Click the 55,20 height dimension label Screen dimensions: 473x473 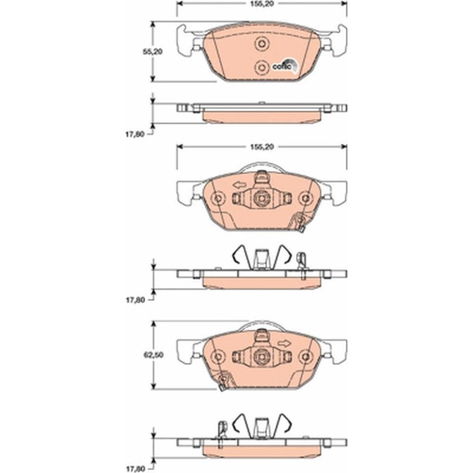pos(152,52)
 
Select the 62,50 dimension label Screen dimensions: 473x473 pos(153,355)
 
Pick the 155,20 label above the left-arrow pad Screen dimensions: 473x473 pos(262,147)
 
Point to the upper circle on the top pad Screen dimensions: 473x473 pos(261,44)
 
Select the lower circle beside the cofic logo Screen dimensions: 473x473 pos(261,67)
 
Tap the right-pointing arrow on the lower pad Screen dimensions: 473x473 pos(284,343)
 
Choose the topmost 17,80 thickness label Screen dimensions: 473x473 pos(135,134)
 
